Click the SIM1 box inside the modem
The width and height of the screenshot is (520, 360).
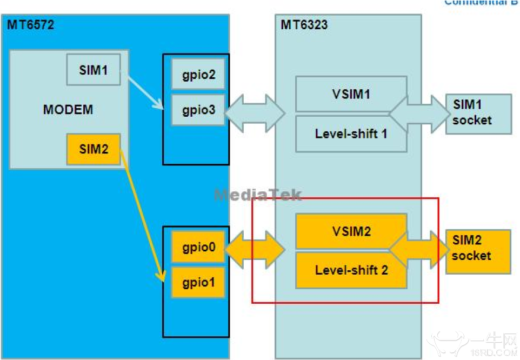[94, 70]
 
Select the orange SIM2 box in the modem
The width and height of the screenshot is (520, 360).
[94, 149]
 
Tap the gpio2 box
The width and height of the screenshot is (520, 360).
[198, 74]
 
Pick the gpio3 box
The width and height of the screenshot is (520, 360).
[198, 110]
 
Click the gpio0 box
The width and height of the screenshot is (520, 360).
[198, 248]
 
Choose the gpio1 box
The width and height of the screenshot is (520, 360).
[198, 282]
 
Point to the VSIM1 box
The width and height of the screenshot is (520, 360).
[351, 94]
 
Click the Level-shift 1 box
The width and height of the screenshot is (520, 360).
[351, 133]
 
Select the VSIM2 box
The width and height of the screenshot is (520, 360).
[351, 231]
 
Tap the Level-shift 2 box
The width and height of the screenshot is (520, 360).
[351, 269]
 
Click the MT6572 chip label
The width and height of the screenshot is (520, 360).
[31, 24]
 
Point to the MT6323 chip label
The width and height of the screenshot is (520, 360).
[304, 24]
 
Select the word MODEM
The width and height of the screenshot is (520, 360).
[68, 110]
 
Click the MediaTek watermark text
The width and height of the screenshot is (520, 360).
[258, 195]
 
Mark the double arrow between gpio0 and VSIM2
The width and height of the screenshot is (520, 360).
[255, 249]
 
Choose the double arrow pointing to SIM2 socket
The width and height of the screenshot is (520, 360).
[419, 249]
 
